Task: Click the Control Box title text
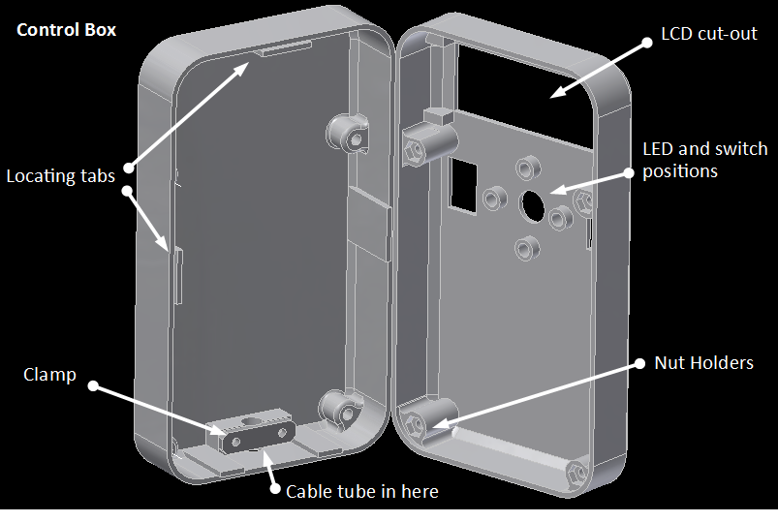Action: click(x=67, y=30)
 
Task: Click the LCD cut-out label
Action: click(x=708, y=34)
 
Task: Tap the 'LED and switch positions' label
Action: click(x=704, y=160)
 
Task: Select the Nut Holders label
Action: click(x=704, y=363)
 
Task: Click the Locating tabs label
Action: click(x=61, y=176)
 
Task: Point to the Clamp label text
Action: click(x=49, y=375)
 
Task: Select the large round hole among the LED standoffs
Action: click(x=534, y=204)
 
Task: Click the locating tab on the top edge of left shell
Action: click(x=284, y=47)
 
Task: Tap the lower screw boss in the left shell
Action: click(x=342, y=409)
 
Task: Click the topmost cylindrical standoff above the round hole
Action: click(x=528, y=167)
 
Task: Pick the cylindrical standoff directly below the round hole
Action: click(x=528, y=247)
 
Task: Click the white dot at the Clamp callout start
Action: click(x=94, y=386)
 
